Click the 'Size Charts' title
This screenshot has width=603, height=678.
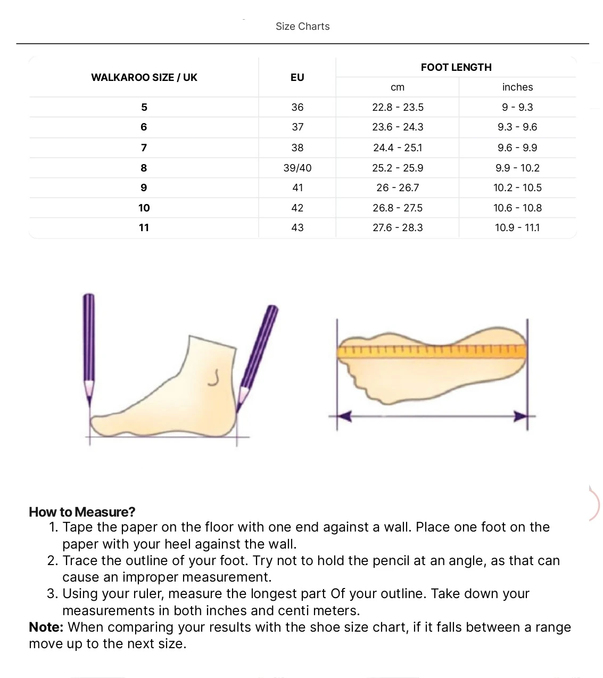pyautogui.click(x=302, y=27)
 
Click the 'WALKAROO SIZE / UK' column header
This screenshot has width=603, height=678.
pyautogui.click(x=144, y=77)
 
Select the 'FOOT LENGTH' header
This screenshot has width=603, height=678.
pyautogui.click(x=456, y=67)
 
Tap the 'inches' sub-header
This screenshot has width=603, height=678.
pyautogui.click(x=517, y=87)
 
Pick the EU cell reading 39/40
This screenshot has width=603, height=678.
pyautogui.click(x=298, y=168)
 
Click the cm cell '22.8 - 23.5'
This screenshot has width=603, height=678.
pyautogui.click(x=398, y=107)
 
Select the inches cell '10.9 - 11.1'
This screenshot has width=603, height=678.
pyautogui.click(x=517, y=227)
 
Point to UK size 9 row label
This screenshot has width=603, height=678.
pyautogui.click(x=144, y=187)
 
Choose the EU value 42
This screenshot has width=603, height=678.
pyautogui.click(x=298, y=208)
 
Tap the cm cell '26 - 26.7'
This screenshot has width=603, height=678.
pyautogui.click(x=398, y=187)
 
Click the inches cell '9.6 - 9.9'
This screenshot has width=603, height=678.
pyautogui.click(x=517, y=148)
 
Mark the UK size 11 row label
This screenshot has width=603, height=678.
pyautogui.click(x=144, y=227)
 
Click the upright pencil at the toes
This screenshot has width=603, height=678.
pyautogui.click(x=89, y=346)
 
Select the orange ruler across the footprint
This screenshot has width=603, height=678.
pyautogui.click(x=431, y=351)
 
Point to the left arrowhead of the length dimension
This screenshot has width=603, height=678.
pyautogui.click(x=344, y=416)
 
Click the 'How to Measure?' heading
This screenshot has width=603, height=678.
pyautogui.click(x=82, y=512)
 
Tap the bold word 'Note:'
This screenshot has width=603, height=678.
pyautogui.click(x=46, y=627)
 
